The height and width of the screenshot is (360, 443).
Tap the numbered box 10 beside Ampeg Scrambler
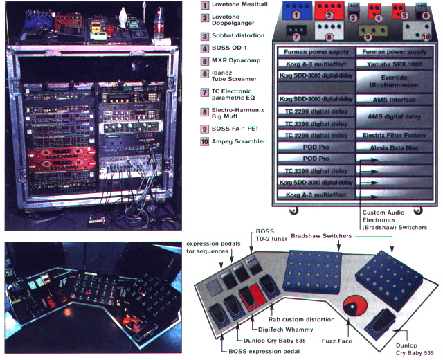[x=205, y=141]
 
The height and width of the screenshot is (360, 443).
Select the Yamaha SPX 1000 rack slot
[x=394, y=64]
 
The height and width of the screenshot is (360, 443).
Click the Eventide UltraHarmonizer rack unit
[x=394, y=82]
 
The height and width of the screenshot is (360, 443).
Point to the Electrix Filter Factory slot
[x=394, y=136]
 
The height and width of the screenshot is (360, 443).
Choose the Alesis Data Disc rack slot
[x=394, y=147]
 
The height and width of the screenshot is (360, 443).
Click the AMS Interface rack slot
[x=394, y=100]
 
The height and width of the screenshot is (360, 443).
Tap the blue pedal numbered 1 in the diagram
[x=297, y=10]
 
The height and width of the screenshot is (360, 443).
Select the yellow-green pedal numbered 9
[x=372, y=31]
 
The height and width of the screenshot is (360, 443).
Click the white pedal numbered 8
[x=329, y=32]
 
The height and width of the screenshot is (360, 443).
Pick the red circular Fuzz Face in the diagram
[x=354, y=306]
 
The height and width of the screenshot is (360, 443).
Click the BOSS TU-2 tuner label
[x=271, y=235]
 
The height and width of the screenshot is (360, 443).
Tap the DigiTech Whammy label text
[x=286, y=330]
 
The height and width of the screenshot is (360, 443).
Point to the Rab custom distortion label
[x=302, y=320]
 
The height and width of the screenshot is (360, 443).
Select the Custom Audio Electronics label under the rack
[x=383, y=213]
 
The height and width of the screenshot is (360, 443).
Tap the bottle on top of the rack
[x=159, y=24]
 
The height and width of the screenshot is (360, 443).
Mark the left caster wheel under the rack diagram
[x=294, y=210]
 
